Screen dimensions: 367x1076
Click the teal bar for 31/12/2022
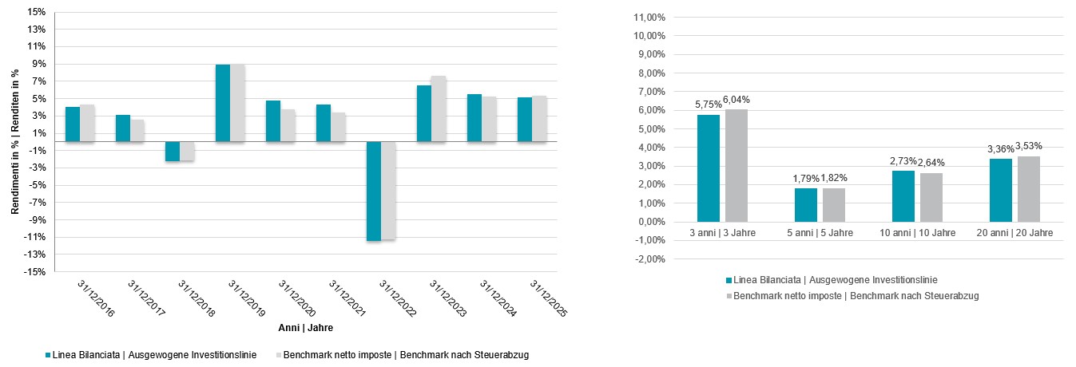click(373, 191)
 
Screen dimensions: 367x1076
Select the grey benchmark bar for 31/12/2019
click(237, 103)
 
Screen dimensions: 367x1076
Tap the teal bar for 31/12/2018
click(173, 151)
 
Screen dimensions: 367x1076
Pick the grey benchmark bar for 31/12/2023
click(437, 109)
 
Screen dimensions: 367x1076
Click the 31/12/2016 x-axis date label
click(96, 298)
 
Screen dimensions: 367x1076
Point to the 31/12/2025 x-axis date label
click(548, 298)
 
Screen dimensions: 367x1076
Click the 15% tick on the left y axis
click(36, 12)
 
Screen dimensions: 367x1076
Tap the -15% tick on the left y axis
click(34, 272)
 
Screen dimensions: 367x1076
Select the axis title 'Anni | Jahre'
click(306, 328)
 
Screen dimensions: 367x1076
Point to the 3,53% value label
click(1030, 145)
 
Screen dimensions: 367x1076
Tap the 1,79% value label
click(806, 177)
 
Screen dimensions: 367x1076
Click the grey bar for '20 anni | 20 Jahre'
click(1029, 189)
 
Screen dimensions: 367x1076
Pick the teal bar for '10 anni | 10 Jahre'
click(903, 196)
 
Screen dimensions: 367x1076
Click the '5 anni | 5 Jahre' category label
click(820, 233)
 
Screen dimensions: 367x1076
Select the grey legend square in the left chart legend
click(278, 355)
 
